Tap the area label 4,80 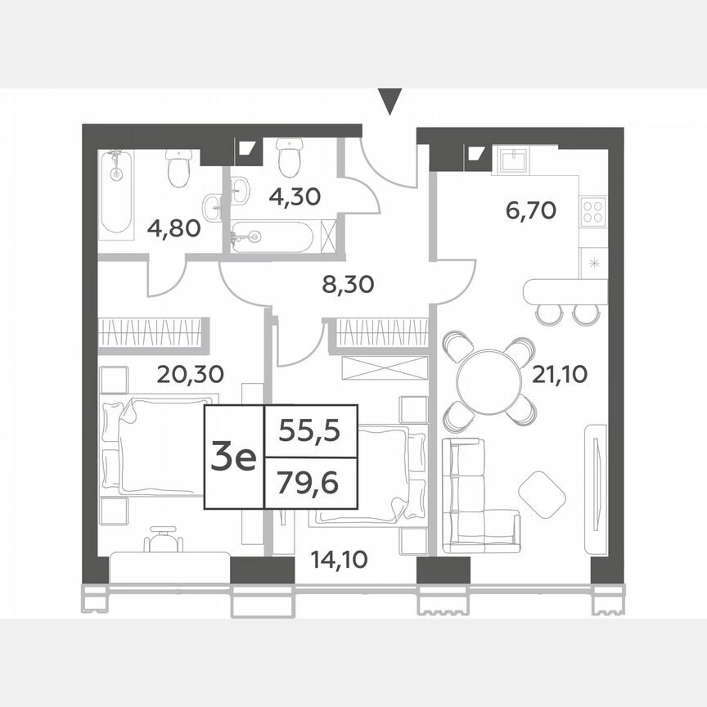[173, 227]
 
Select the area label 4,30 [295, 196]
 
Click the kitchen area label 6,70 [530, 211]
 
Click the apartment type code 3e [233, 457]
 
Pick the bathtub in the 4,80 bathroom [117, 195]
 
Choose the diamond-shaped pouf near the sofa [542, 493]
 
